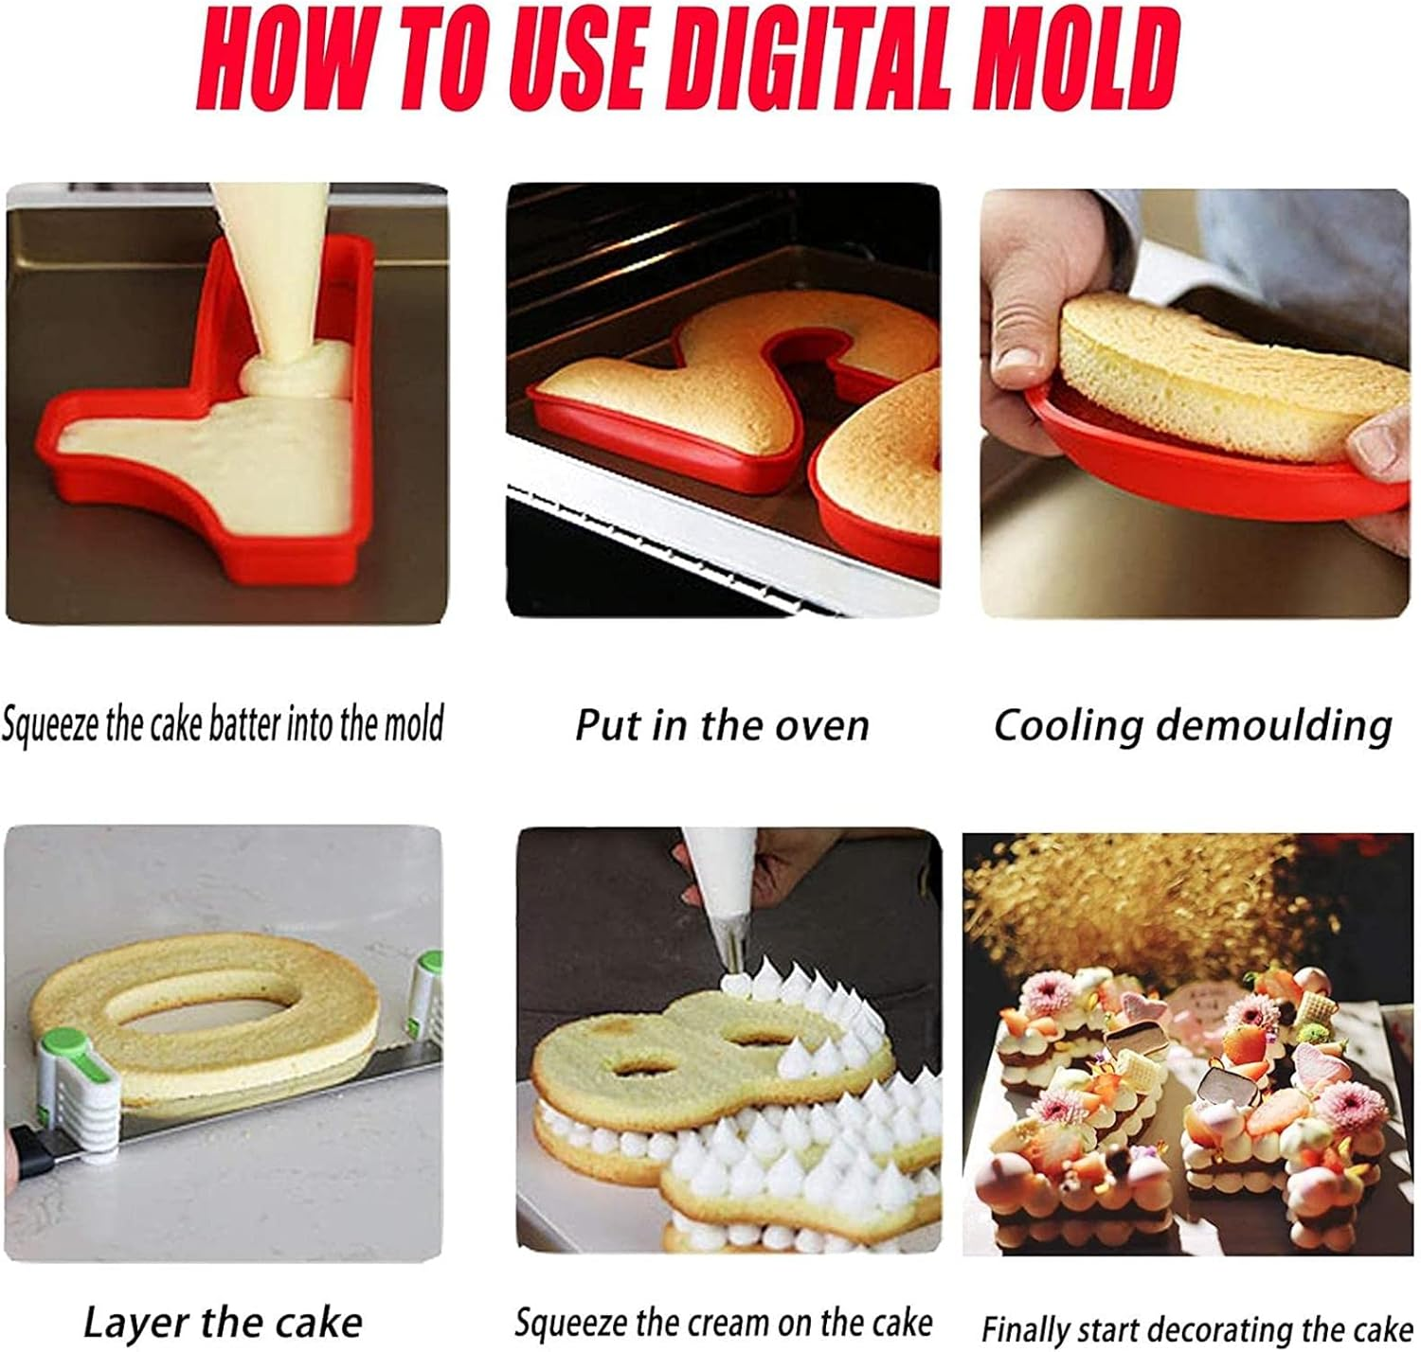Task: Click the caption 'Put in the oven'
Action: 722,726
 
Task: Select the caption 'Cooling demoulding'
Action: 1193,726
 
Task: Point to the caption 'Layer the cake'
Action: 223,1322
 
